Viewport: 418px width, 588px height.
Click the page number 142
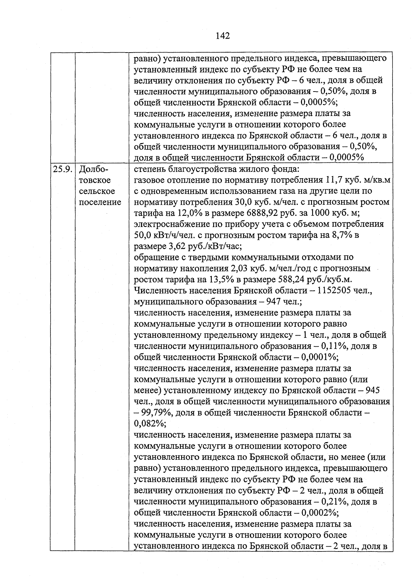coord(223,36)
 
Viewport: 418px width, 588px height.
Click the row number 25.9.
coord(63,170)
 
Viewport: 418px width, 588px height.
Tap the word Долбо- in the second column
coord(94,170)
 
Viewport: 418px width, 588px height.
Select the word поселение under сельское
coord(100,203)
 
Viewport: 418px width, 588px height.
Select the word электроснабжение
coord(170,224)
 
